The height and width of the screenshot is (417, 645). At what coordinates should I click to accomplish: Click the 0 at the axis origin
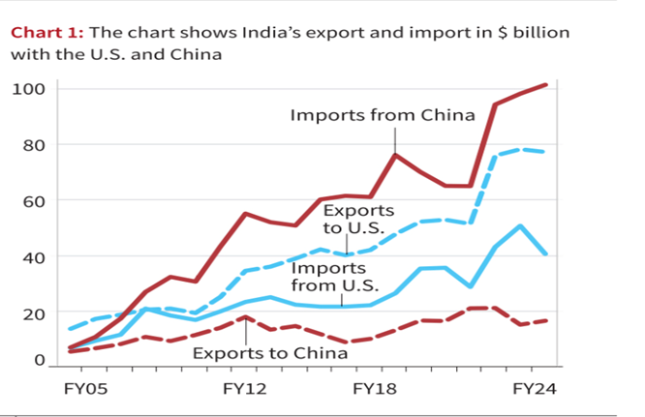pos(38,360)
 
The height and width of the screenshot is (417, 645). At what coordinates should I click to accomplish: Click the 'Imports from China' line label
pos(383,115)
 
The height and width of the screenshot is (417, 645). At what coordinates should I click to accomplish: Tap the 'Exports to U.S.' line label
pos(358,220)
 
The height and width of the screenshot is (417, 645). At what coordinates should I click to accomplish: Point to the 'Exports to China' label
pos(269,353)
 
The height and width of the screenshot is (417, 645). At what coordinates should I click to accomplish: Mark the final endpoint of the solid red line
pos(547,84)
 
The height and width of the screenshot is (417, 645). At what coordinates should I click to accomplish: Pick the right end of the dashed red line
pos(547,320)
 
